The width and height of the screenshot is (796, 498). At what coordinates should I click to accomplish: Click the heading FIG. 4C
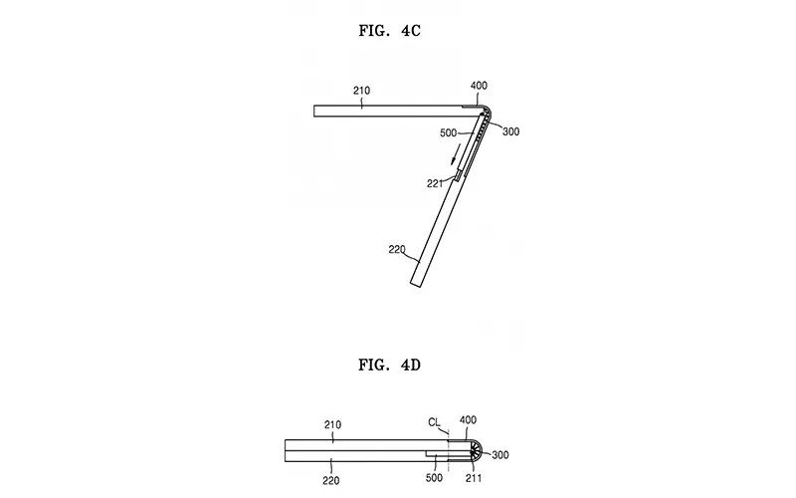389,31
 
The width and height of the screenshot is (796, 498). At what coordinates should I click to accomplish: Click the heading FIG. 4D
389,365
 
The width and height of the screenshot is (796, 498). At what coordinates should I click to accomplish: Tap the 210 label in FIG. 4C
361,91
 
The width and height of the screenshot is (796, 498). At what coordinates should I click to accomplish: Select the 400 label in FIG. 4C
479,86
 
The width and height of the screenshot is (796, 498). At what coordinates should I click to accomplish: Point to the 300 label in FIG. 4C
510,131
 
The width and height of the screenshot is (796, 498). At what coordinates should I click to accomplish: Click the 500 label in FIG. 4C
449,133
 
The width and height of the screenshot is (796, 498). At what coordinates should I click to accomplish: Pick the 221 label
435,184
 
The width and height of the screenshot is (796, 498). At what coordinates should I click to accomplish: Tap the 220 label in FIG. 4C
397,250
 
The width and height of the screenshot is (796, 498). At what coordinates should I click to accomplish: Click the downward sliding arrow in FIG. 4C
456,154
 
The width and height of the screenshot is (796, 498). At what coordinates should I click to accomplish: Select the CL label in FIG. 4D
434,422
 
